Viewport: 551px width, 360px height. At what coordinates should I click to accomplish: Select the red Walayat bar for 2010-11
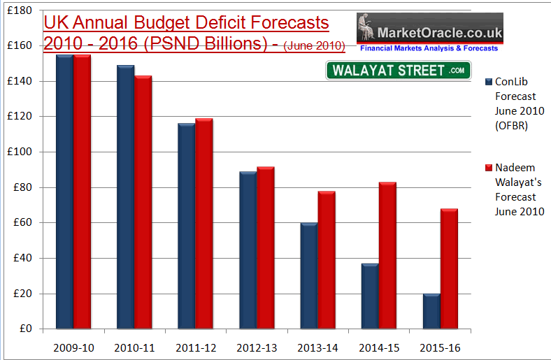click(143, 203)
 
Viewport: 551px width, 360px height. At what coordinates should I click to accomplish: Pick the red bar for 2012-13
click(265, 248)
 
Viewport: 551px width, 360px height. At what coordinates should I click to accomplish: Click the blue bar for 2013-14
click(309, 276)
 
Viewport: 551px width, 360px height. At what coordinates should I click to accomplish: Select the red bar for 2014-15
click(387, 256)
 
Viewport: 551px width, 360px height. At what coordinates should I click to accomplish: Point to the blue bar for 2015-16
click(431, 311)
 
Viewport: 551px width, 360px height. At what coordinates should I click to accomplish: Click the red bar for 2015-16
click(448, 269)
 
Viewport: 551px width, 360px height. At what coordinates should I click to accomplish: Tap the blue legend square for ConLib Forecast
click(488, 82)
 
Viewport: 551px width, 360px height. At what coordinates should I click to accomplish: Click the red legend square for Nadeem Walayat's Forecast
click(488, 168)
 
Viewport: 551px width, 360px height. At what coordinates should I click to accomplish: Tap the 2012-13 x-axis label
click(257, 347)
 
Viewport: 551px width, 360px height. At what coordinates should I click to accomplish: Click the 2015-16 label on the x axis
click(440, 347)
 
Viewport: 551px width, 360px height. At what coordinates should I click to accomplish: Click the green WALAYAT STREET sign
click(398, 71)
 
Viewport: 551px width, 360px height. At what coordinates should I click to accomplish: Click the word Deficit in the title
click(214, 23)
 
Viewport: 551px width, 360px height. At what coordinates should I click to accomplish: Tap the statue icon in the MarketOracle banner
click(366, 30)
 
